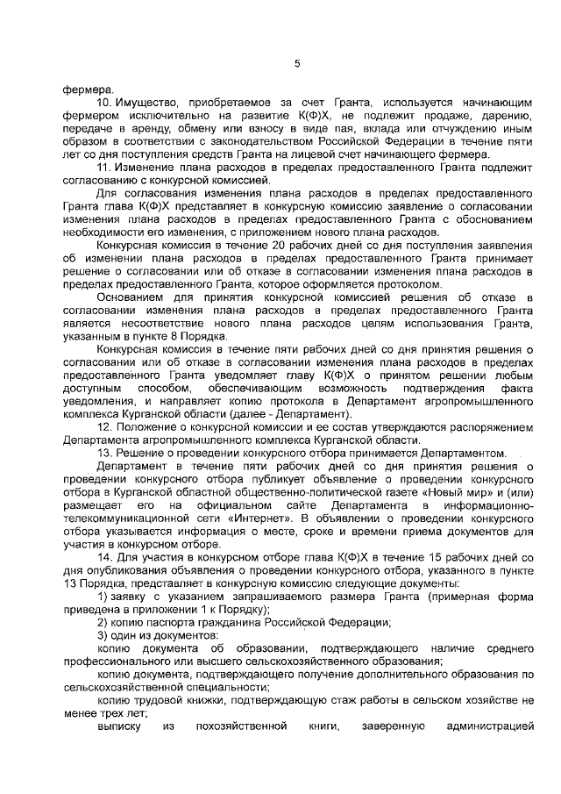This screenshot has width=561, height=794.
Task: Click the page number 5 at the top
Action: pyautogui.click(x=297, y=62)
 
